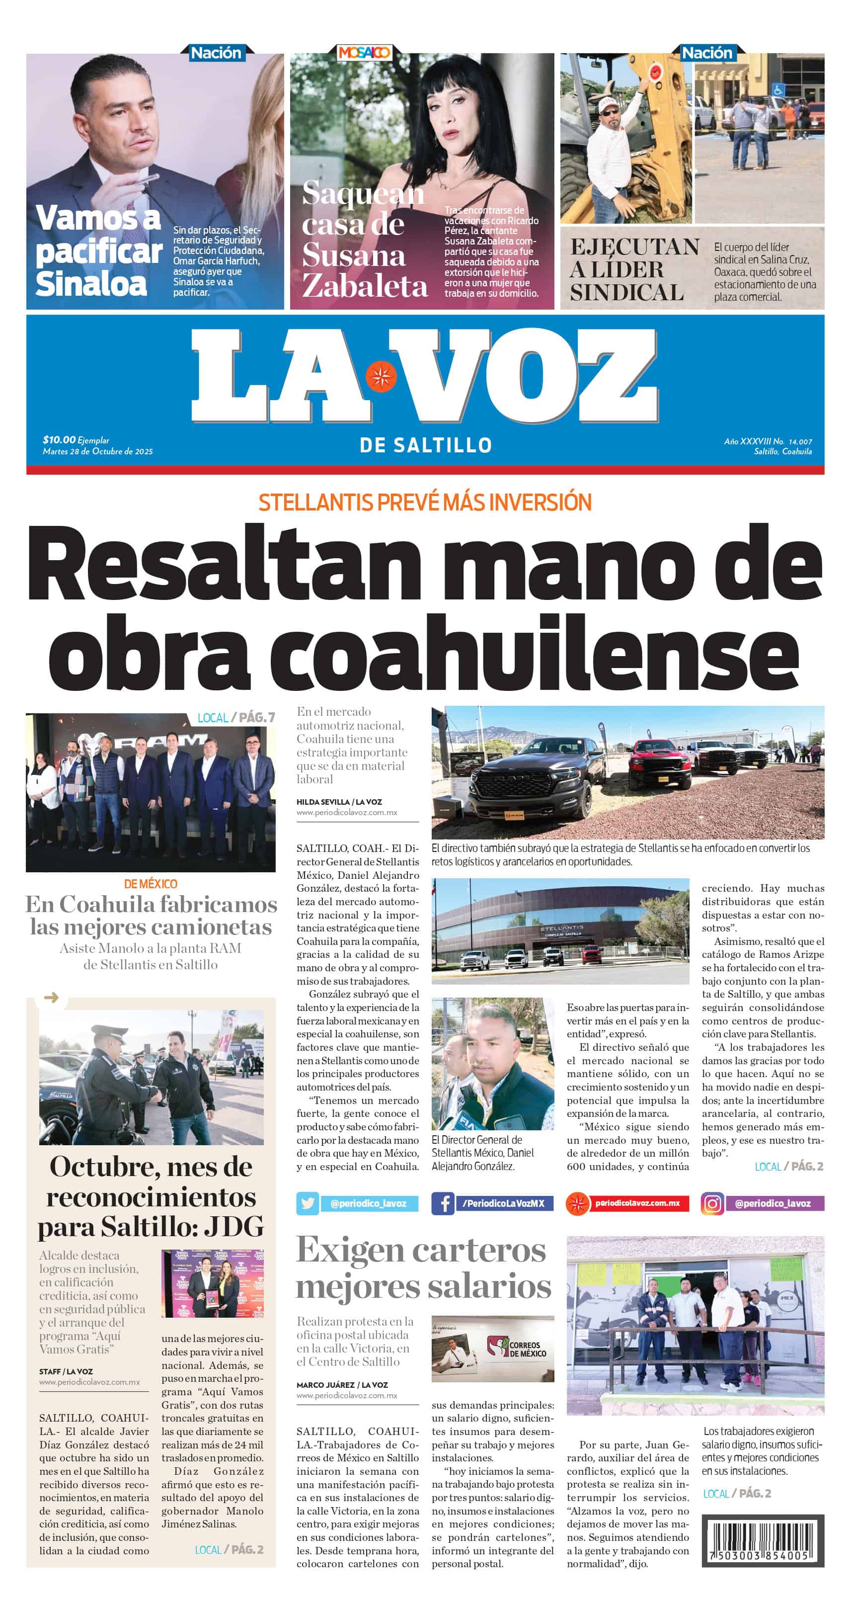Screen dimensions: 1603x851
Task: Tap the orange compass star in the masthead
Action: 381,376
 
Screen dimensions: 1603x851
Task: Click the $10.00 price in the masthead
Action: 59,439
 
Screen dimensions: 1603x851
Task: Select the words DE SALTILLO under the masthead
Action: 425,445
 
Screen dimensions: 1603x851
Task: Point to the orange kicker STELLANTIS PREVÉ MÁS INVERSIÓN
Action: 425,502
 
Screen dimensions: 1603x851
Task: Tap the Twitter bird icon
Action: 308,1203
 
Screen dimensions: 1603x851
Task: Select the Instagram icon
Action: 712,1203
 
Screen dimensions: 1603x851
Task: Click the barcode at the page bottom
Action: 762,1540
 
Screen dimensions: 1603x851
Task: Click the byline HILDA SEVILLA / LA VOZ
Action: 339,801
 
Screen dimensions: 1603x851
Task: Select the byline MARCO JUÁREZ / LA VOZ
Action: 341,1385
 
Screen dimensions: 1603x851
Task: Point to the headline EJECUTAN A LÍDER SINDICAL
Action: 633,269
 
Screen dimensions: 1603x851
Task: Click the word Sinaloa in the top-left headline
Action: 91,283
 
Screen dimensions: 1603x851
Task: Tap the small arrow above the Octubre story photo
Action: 51,998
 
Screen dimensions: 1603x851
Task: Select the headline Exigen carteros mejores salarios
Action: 423,1267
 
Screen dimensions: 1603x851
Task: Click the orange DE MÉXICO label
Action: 151,884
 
